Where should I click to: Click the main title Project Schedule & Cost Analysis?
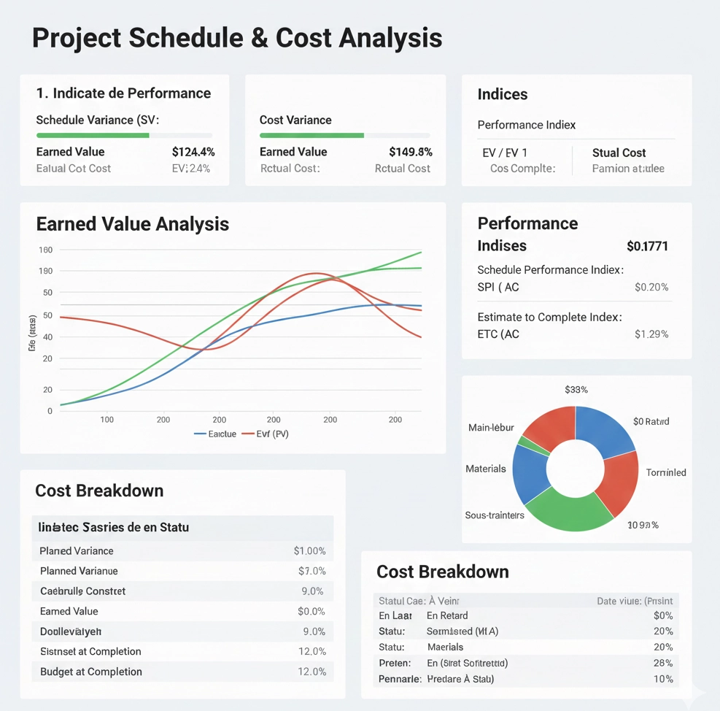pyautogui.click(x=237, y=38)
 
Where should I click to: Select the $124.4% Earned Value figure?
pyautogui.click(x=193, y=152)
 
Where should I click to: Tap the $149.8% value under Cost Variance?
pyautogui.click(x=411, y=152)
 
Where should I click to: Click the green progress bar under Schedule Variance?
pyautogui.click(x=93, y=135)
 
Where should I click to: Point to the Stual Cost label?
pyautogui.click(x=619, y=153)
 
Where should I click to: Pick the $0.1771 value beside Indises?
pyautogui.click(x=647, y=246)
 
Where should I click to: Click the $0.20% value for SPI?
pyautogui.click(x=651, y=287)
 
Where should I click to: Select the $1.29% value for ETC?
pyautogui.click(x=651, y=334)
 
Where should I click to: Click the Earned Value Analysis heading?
pyautogui.click(x=132, y=224)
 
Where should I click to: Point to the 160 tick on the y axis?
pyautogui.click(x=45, y=250)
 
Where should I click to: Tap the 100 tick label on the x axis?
pyautogui.click(x=107, y=420)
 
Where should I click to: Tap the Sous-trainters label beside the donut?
pyautogui.click(x=495, y=515)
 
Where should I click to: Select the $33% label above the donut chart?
pyautogui.click(x=576, y=390)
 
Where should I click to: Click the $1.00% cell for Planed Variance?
pyautogui.click(x=309, y=551)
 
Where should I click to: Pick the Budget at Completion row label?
pyautogui.click(x=91, y=672)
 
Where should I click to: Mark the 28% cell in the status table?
pyautogui.click(x=663, y=663)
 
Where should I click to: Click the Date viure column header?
pyautogui.click(x=635, y=601)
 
